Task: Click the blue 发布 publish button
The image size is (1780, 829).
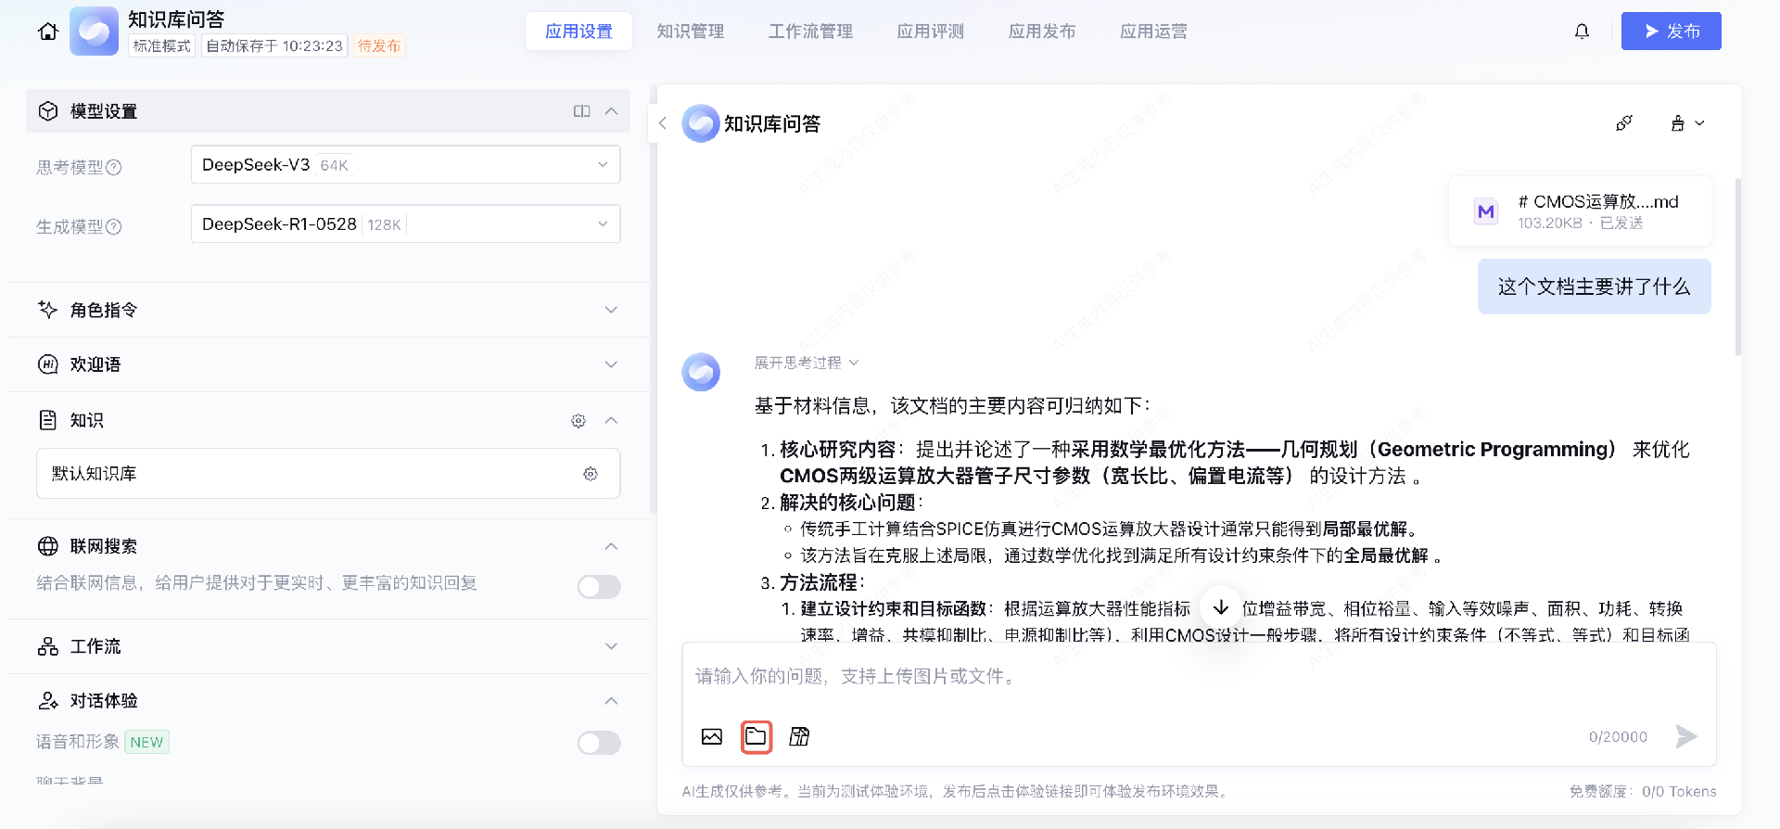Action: [x=1671, y=32]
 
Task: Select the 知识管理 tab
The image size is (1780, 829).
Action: [x=690, y=32]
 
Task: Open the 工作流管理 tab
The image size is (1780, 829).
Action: [x=810, y=32]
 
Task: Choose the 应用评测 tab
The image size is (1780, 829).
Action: [x=930, y=32]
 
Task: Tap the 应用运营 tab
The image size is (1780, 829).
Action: [x=1152, y=32]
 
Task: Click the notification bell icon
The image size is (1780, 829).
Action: [x=1582, y=32]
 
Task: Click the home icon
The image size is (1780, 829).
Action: [x=48, y=32]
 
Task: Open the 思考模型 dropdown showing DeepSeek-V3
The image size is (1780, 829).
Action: [x=405, y=165]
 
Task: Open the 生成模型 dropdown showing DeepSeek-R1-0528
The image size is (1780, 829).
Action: [x=405, y=224]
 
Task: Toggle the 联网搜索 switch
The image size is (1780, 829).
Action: [x=599, y=586]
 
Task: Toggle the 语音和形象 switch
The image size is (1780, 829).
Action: [x=599, y=743]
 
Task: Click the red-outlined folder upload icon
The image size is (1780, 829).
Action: [x=756, y=736]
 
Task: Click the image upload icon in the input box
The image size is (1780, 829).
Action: [x=712, y=736]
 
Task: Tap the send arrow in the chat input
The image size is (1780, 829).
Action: [x=1686, y=736]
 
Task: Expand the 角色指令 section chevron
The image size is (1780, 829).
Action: [x=611, y=310]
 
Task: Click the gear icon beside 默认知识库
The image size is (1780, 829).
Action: [x=591, y=474]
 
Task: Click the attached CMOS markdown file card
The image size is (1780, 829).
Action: [x=1580, y=211]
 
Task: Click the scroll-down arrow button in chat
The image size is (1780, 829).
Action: [x=1221, y=607]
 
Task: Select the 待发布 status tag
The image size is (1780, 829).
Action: [x=379, y=45]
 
